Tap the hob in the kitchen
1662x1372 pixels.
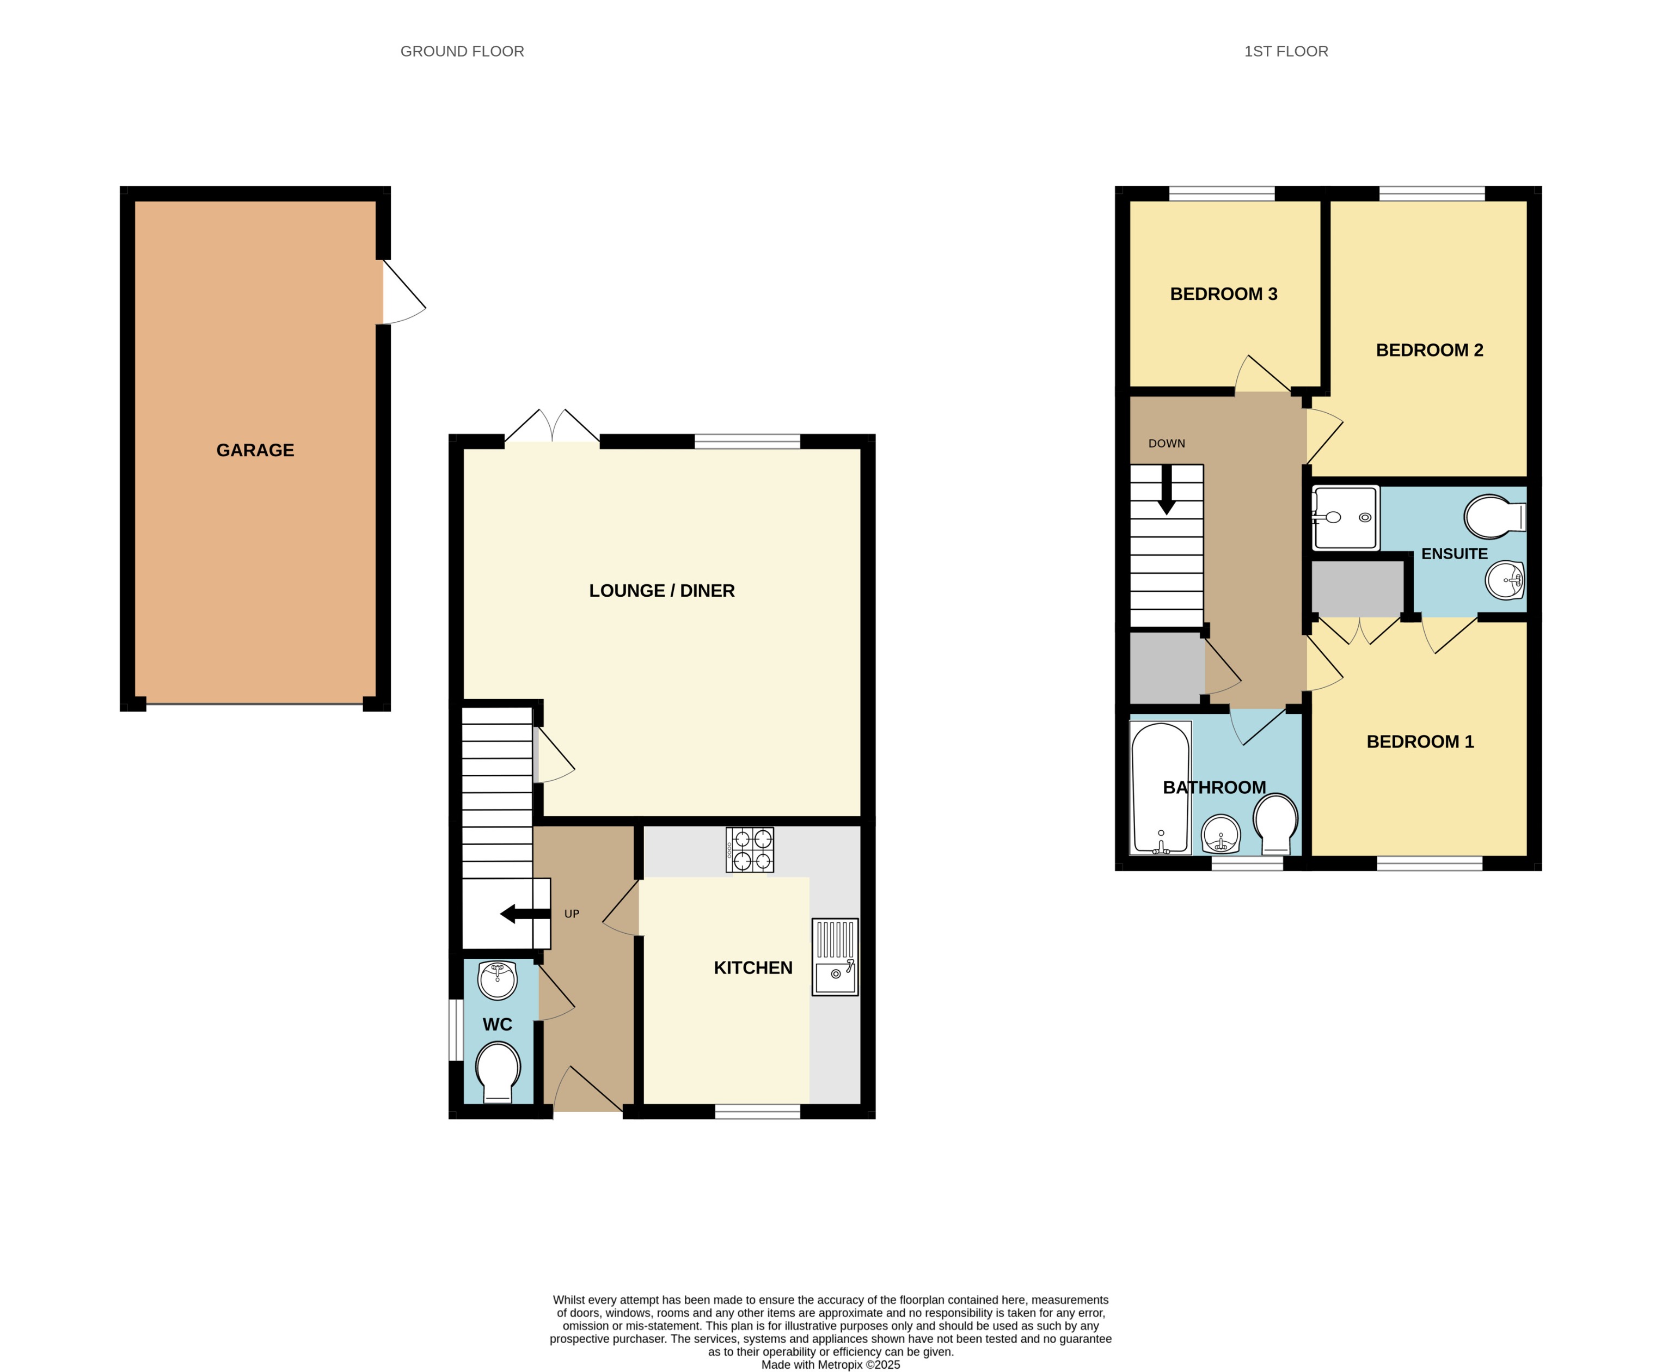(x=749, y=849)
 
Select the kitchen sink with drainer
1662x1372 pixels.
(x=835, y=956)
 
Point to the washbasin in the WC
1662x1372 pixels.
(x=497, y=980)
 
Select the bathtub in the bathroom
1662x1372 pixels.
(x=1160, y=788)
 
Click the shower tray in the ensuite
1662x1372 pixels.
(x=1345, y=518)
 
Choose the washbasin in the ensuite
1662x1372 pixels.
(x=1504, y=581)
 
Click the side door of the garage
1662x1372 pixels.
(x=403, y=292)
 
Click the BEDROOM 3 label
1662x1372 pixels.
(x=1223, y=294)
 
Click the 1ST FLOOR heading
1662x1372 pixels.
(x=1285, y=51)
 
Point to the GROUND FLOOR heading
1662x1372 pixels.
(x=462, y=51)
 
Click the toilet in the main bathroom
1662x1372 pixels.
(x=1275, y=824)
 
